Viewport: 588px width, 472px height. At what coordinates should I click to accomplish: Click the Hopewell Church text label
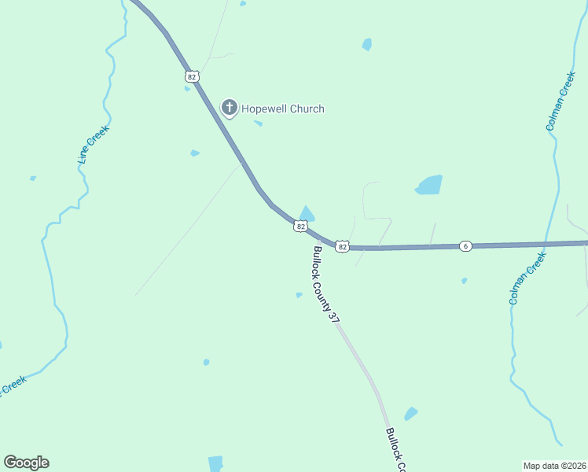[283, 109]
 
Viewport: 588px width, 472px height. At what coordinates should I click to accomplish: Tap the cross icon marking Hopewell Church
[229, 109]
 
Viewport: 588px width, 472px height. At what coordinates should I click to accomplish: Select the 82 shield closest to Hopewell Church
[192, 76]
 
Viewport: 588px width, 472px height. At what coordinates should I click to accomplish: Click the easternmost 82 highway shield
[342, 246]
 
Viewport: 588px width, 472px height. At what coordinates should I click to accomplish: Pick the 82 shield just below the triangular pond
[300, 227]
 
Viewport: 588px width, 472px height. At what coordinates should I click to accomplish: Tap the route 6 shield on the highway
[465, 246]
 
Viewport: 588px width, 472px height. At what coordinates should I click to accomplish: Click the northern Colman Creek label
[560, 101]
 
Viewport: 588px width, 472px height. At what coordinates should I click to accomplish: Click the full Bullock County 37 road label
[325, 284]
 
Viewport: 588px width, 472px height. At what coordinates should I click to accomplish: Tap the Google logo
[27, 463]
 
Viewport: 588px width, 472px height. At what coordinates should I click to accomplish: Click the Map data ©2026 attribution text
[554, 465]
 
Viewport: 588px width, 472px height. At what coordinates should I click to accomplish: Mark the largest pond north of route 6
[429, 185]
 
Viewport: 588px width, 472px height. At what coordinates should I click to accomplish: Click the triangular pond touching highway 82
[307, 214]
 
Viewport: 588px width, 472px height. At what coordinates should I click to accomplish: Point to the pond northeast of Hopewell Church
[367, 45]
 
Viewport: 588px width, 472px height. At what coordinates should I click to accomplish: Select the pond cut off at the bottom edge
[215, 463]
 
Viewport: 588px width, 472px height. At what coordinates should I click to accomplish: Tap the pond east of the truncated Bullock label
[410, 414]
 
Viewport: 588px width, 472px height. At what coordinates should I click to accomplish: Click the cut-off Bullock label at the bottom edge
[395, 449]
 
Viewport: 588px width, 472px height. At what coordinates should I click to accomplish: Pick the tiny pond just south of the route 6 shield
[465, 280]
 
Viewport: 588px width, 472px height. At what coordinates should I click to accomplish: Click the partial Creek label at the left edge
[13, 385]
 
